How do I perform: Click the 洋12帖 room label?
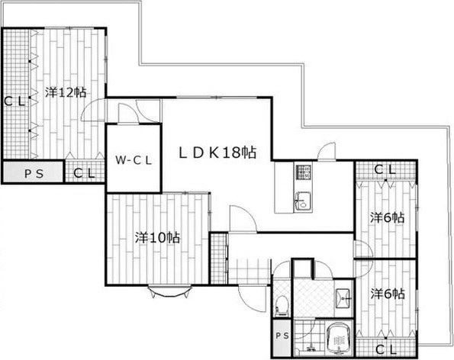click(66, 92)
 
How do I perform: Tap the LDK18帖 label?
click(217, 153)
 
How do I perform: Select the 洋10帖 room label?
click(157, 238)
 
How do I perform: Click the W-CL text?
click(134, 160)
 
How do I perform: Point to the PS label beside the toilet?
click(282, 336)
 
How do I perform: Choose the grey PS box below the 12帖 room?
click(33, 172)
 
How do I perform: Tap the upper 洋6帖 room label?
click(388, 217)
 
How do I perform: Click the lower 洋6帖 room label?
click(388, 294)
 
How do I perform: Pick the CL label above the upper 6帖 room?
click(385, 169)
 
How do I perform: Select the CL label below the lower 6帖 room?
click(386, 350)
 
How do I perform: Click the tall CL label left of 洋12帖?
click(14, 101)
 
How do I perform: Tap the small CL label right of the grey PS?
click(84, 173)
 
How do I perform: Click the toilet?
click(282, 306)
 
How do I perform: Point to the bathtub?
click(339, 338)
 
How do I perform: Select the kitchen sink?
click(303, 201)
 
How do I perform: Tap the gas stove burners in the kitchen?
click(303, 172)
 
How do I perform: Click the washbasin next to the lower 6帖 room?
click(343, 298)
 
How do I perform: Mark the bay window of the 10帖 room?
click(169, 291)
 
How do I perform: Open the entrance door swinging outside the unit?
click(252, 299)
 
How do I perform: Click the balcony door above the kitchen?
click(327, 151)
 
